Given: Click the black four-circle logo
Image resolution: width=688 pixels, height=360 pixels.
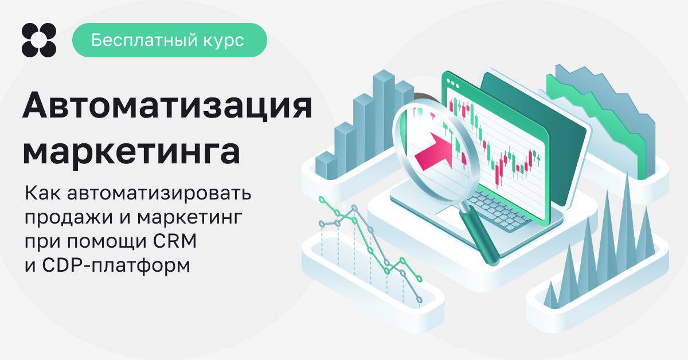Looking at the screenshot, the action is [39, 40].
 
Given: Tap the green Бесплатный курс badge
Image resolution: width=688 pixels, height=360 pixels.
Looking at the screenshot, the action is [170, 40].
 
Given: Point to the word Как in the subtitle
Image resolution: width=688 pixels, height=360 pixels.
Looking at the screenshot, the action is [42, 193].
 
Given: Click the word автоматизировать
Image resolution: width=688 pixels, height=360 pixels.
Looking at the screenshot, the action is [159, 193].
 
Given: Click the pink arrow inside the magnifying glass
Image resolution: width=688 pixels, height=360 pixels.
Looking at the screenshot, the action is [435, 152].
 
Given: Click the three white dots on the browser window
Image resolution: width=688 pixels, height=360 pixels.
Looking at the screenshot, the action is [452, 83].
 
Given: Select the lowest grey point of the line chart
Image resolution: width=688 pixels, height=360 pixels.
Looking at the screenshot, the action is [420, 299].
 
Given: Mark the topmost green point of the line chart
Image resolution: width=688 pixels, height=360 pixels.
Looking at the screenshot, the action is [322, 200].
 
